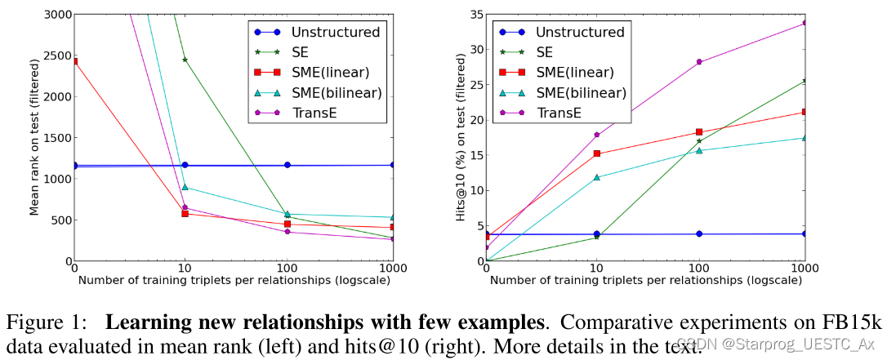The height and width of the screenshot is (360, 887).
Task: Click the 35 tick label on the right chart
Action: [472, 14]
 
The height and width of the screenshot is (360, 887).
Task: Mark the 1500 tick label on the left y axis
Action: [55, 138]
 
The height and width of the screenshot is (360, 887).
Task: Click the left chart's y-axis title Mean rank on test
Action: [34, 137]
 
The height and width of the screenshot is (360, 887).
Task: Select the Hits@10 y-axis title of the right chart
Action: [461, 137]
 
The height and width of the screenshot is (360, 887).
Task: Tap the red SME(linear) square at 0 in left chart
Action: [75, 61]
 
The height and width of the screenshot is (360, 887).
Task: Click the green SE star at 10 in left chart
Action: [185, 60]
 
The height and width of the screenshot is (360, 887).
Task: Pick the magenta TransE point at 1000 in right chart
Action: [805, 23]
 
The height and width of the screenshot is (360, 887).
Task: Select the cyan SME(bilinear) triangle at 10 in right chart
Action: [596, 177]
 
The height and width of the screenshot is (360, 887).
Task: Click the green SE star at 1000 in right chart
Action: [805, 81]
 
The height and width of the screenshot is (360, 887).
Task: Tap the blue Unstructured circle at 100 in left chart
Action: [287, 165]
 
